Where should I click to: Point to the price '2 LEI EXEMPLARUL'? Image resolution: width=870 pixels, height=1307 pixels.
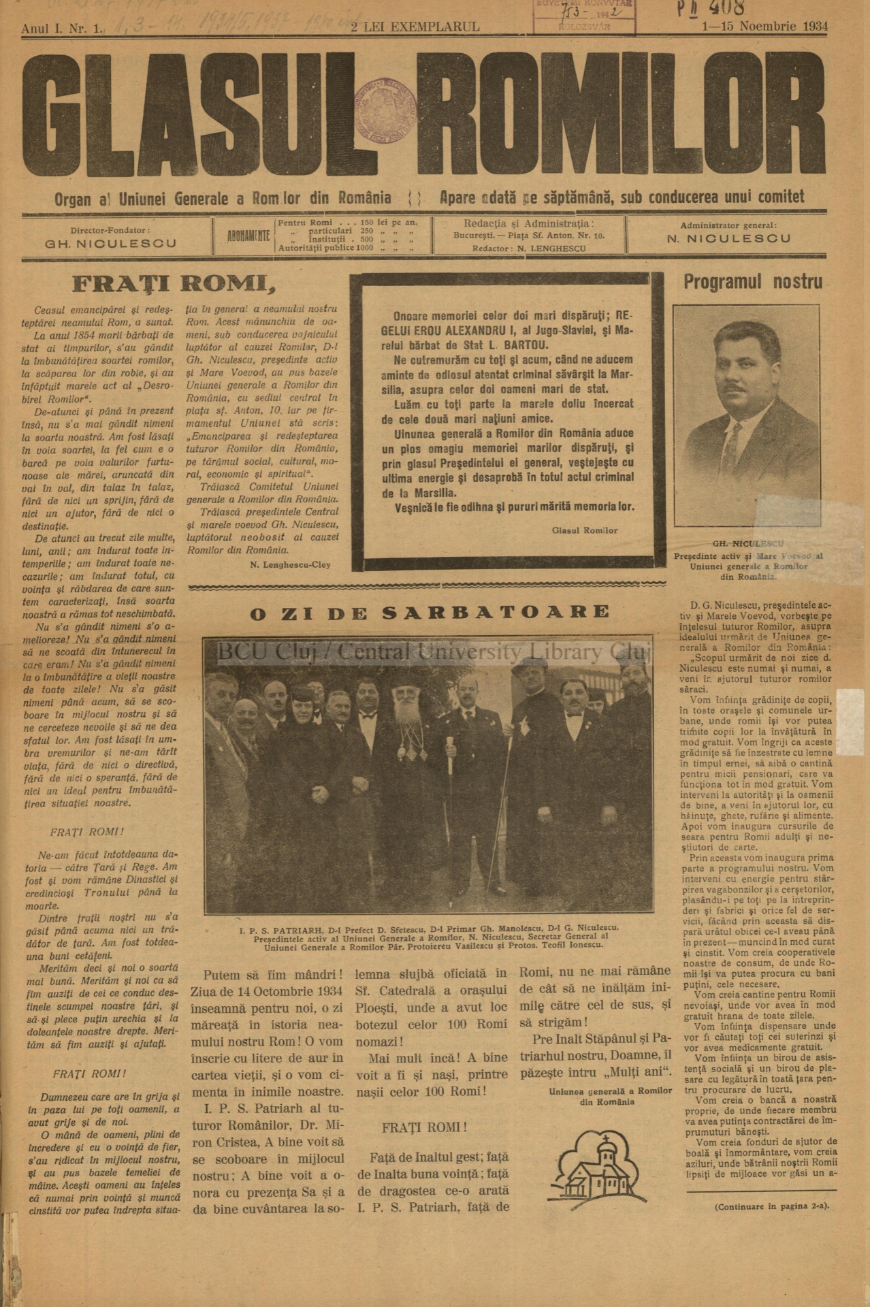point(415,27)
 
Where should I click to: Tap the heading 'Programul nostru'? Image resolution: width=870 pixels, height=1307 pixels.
point(753,282)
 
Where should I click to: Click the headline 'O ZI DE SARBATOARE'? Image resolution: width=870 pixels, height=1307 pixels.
point(430,611)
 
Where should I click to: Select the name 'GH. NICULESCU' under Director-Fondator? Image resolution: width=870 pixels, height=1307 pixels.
point(110,244)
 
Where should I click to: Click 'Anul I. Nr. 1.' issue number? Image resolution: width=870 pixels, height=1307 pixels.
point(62,28)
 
